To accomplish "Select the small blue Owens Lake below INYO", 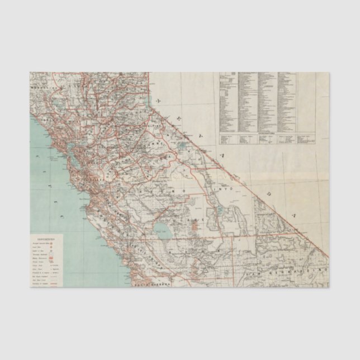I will click(219, 211).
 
